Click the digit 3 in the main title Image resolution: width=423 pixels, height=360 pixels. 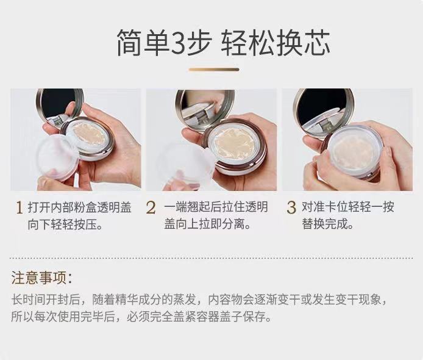click(x=179, y=43)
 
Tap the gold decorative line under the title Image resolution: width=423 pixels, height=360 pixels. click(x=214, y=70)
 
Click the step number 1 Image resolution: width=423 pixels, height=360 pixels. click(x=19, y=207)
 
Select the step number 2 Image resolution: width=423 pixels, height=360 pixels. click(x=151, y=207)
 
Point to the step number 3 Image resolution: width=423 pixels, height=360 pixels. click(x=291, y=207)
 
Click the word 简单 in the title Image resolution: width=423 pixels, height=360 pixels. click(x=143, y=43)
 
